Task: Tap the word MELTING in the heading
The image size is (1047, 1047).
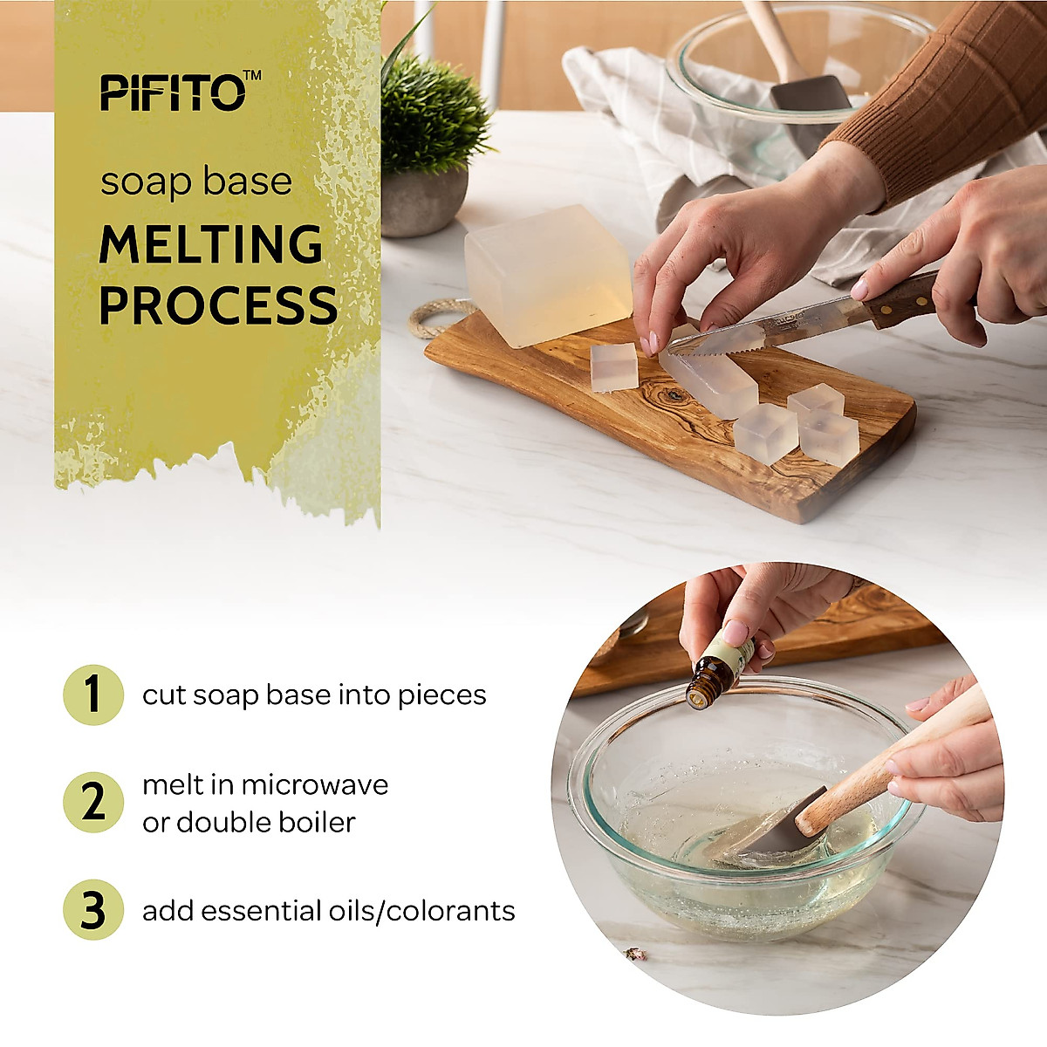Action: tap(211, 244)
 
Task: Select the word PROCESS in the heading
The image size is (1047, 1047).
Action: tap(218, 305)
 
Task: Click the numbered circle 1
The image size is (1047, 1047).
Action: tap(93, 695)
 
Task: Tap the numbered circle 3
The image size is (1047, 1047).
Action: tap(93, 910)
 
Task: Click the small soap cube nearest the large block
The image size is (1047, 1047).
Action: tap(614, 367)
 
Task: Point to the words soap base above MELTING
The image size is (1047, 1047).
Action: tap(195, 182)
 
